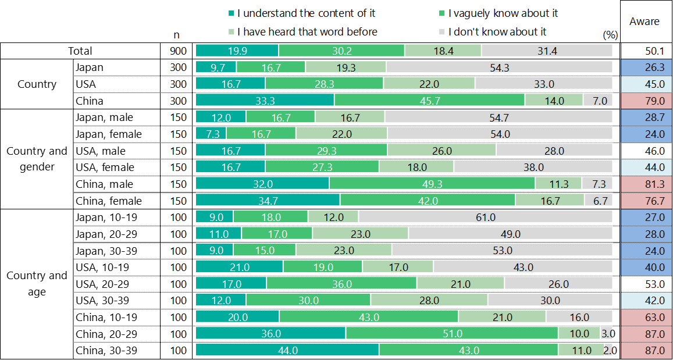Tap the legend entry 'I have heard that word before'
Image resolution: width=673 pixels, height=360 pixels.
pos(302,32)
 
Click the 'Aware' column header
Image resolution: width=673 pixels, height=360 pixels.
pos(644,22)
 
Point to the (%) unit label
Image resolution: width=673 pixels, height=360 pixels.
pos(610,35)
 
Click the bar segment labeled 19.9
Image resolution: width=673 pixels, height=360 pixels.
pos(237,51)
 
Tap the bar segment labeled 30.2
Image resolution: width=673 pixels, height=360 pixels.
pos(341,51)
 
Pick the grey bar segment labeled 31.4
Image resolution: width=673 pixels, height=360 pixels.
pos(547,51)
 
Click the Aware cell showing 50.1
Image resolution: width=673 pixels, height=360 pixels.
pos(646,51)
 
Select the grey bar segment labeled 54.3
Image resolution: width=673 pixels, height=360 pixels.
pos(499,67)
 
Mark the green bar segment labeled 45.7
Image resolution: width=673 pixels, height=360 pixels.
pos(429,101)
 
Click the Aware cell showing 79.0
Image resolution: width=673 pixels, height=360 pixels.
pos(646,101)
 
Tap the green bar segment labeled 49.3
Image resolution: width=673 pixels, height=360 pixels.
pos(432,184)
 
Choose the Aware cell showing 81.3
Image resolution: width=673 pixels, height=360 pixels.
pos(646,184)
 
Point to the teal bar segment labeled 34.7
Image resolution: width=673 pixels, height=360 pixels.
pos(268,201)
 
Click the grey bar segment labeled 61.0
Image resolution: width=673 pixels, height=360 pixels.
pos(486,218)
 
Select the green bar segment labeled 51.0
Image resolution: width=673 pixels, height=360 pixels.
pos(452,334)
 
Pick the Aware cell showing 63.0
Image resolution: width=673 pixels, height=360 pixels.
pos(646,318)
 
